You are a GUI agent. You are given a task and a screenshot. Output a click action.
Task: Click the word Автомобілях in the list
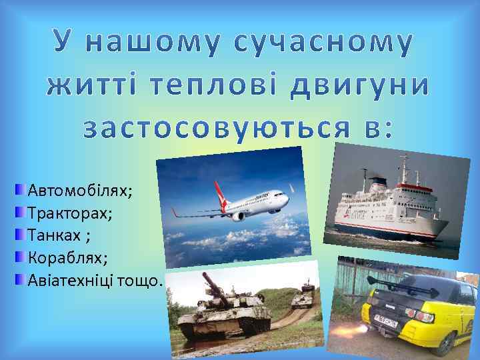(x=80, y=191)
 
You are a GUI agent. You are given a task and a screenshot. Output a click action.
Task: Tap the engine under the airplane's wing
(x=238, y=215)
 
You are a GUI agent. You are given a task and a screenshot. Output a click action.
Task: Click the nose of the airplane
(x=286, y=198)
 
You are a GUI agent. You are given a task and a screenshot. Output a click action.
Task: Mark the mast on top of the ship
(x=402, y=167)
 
